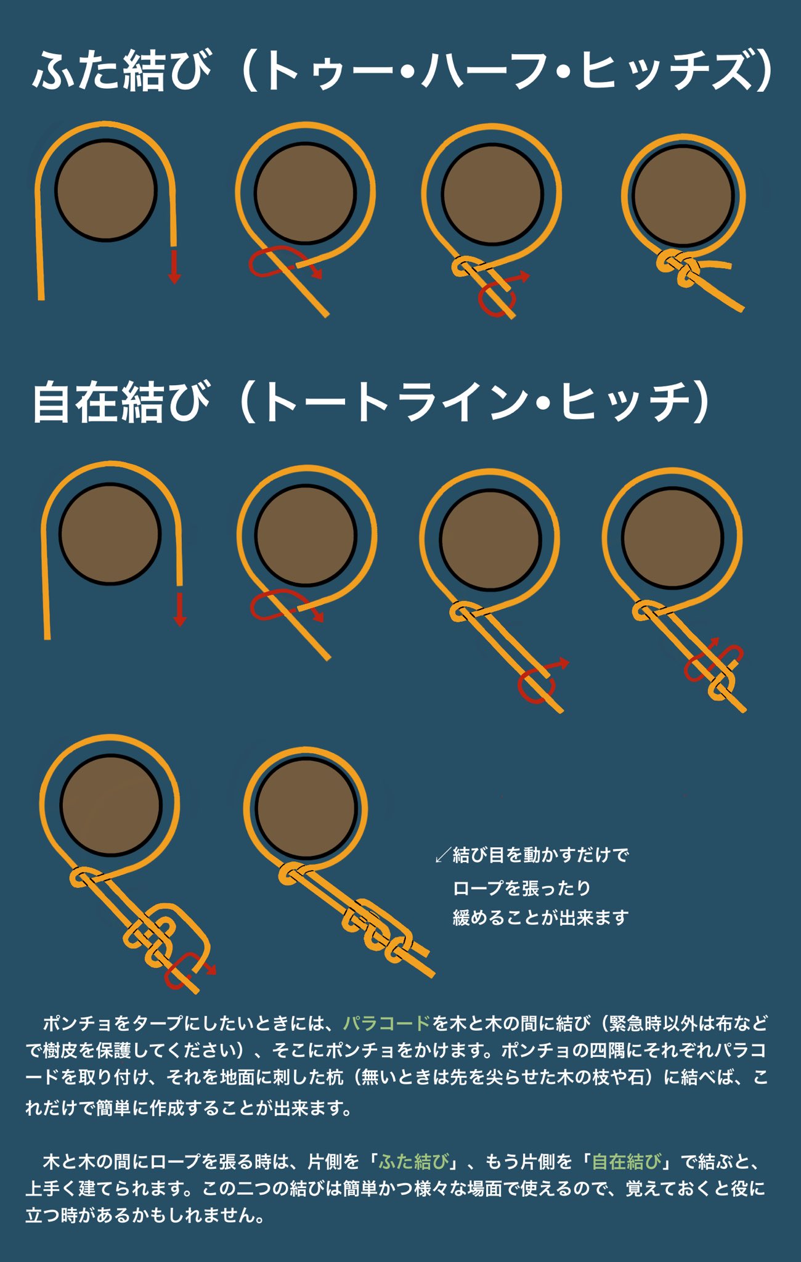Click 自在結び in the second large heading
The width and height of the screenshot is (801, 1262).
121,402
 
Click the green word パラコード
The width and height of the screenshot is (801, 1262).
386,1024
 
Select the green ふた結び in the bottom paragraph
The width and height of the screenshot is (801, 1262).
414,1162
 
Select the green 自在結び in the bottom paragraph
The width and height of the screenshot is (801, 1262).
627,1162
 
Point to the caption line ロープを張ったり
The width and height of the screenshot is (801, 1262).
522,888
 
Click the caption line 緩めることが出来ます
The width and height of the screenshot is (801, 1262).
540,918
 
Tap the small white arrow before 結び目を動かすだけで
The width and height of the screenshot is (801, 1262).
443,855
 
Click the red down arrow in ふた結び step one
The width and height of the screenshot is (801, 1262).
174,266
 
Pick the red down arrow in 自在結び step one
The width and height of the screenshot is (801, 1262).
180,609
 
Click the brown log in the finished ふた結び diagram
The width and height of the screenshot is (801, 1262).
683,196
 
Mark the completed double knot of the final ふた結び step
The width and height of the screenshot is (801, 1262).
679,269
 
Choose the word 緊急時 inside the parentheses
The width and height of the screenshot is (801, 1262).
635,1024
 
